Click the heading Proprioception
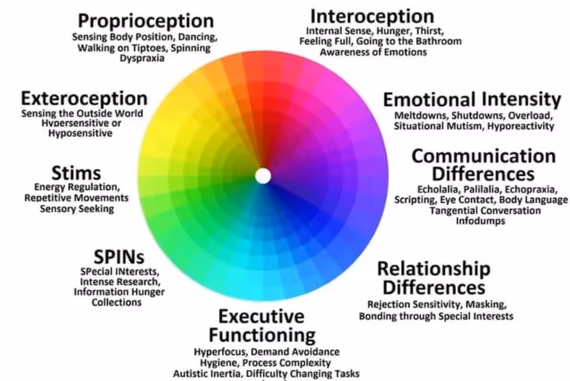point(146,20)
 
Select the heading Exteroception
point(84,99)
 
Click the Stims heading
point(75,173)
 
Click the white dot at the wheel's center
point(263,175)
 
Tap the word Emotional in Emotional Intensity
point(430,100)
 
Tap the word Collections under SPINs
point(117,302)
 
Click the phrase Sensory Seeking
point(75,208)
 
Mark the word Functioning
point(262,334)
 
